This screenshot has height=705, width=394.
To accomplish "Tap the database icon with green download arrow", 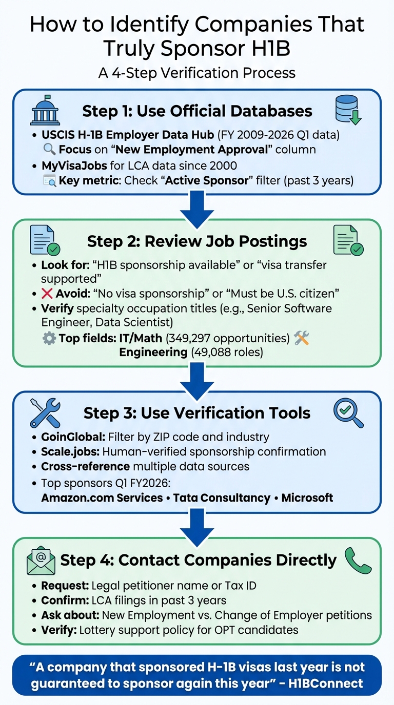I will pyautogui.click(x=348, y=110).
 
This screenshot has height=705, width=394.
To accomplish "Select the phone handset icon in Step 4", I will pyautogui.click(x=358, y=561).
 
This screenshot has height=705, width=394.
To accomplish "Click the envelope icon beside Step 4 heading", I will pyautogui.click(x=41, y=561).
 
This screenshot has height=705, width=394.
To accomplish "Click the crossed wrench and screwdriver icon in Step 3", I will pyautogui.click(x=45, y=413).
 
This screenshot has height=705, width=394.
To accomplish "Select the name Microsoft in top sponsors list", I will pyautogui.click(x=307, y=497).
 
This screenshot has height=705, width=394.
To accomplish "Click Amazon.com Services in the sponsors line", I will pyautogui.click(x=102, y=497).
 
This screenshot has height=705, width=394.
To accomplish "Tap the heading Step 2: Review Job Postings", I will pyautogui.click(x=197, y=241).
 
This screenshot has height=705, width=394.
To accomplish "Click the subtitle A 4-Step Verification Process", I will pyautogui.click(x=197, y=73).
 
